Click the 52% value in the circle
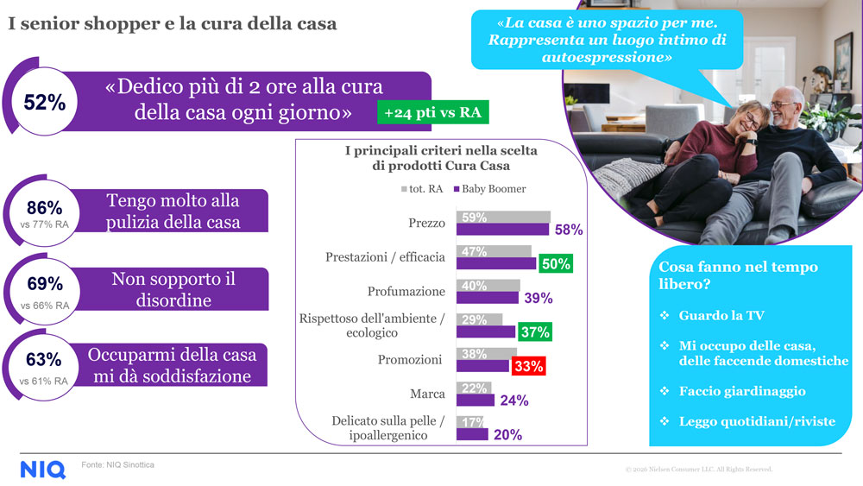point(45,103)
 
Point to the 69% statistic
point(45,284)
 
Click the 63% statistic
point(45,359)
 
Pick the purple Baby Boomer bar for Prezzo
point(503,230)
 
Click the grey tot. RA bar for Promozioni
point(486,353)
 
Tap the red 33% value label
point(528,366)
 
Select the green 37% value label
point(534,331)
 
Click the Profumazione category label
point(406,291)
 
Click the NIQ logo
point(42,470)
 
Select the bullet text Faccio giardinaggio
point(741,391)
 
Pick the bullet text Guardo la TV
point(721,316)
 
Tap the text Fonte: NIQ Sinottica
point(118,464)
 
